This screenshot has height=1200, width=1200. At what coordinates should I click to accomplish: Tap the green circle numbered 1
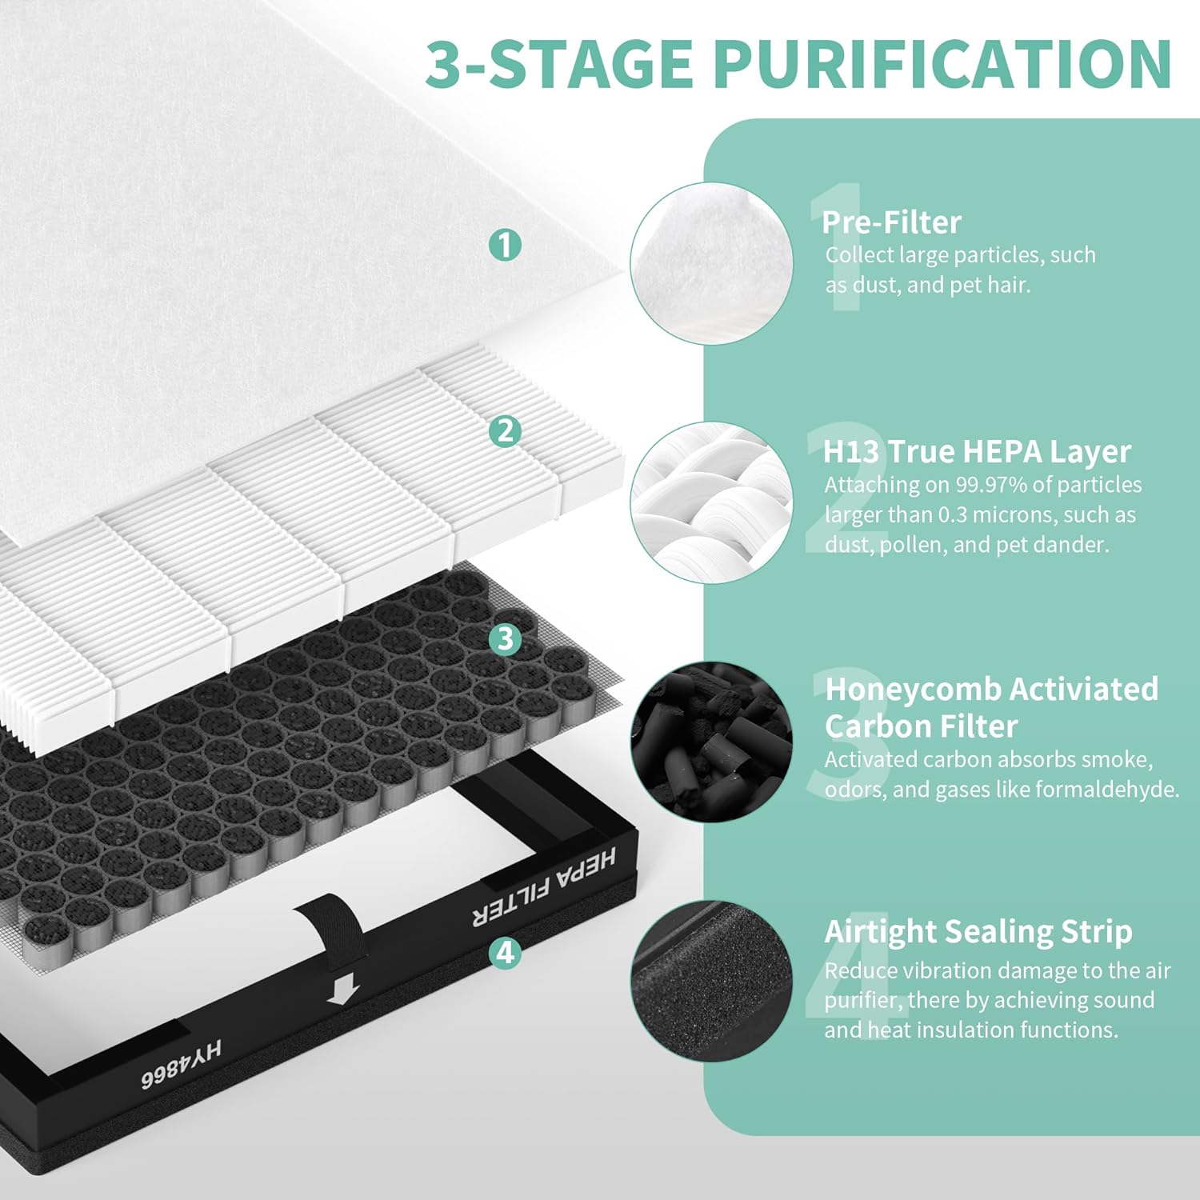(505, 244)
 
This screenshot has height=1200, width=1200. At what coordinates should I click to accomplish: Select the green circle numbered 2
(505, 431)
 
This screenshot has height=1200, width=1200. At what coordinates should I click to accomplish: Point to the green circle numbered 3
(505, 638)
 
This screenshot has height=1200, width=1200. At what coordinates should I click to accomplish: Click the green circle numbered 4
(505, 952)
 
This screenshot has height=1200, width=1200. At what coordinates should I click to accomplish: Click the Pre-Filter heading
(891, 222)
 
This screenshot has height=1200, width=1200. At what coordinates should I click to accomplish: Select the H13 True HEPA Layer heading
(977, 451)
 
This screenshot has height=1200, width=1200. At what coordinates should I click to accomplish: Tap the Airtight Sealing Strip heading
(978, 931)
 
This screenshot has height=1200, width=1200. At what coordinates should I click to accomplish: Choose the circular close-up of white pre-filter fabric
(711, 263)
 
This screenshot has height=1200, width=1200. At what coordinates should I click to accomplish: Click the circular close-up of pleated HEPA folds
(711, 502)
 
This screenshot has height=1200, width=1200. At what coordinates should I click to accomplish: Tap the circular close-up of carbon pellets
(711, 742)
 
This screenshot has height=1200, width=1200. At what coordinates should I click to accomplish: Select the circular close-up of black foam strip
(711, 981)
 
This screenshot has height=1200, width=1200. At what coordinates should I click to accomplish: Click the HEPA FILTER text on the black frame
(544, 887)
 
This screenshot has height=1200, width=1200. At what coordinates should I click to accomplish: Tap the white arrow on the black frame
(343, 992)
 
